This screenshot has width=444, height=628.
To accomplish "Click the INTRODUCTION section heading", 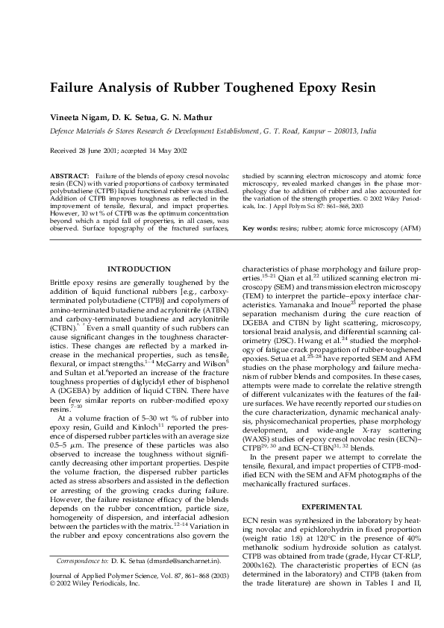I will pos(140,269).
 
